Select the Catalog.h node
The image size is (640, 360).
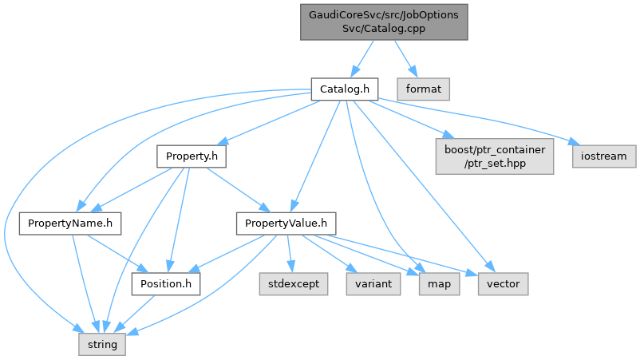pyautogui.click(x=343, y=88)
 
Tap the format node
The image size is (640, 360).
pyautogui.click(x=424, y=88)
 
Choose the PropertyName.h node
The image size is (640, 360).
pyautogui.click(x=70, y=223)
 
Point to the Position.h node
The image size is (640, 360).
pyautogui.click(x=166, y=283)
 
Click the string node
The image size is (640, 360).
pyautogui.click(x=101, y=345)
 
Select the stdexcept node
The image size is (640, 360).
pyautogui.click(x=293, y=283)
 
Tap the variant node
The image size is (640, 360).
pyautogui.click(x=373, y=283)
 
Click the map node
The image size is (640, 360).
pyautogui.click(x=439, y=283)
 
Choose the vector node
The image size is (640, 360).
pyautogui.click(x=503, y=283)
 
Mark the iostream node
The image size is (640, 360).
pyautogui.click(x=604, y=156)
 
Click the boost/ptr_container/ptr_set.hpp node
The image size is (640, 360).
pyautogui.click(x=493, y=156)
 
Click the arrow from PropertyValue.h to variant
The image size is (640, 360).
pyautogui.click(x=330, y=253)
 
